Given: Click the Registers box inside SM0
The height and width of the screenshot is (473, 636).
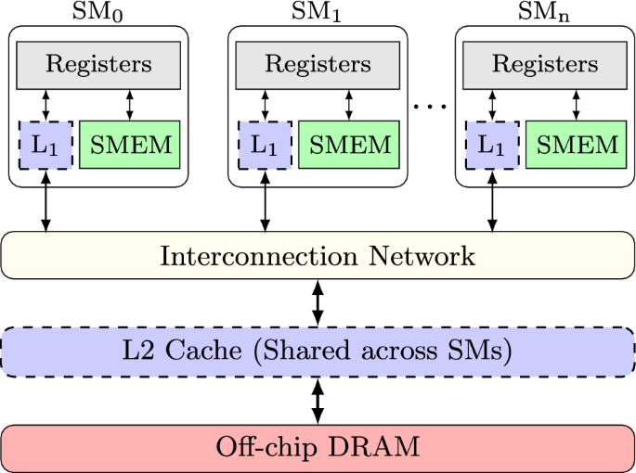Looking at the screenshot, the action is click(x=98, y=65).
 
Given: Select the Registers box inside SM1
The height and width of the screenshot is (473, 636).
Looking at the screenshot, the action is click(x=318, y=65).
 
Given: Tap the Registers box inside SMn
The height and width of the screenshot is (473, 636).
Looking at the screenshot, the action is click(x=545, y=65).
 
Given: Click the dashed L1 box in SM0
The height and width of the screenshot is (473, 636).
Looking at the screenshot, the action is click(x=45, y=145).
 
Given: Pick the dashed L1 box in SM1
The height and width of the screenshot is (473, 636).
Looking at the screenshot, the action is click(x=265, y=145).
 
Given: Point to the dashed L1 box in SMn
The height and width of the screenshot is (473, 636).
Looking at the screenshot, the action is click(x=492, y=145).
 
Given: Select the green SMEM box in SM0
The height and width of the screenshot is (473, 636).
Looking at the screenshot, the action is click(x=130, y=145).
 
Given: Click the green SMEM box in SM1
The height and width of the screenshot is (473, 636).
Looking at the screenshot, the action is click(x=349, y=145).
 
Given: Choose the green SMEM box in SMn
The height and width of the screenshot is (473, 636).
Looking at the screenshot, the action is click(x=577, y=145).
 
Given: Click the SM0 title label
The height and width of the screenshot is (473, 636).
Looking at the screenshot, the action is click(x=97, y=12).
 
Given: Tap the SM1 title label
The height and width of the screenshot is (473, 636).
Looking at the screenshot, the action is click(x=317, y=12).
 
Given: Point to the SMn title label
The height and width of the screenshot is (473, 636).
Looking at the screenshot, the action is click(x=544, y=12).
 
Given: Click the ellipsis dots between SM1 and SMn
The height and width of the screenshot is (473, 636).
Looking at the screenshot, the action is click(x=430, y=107).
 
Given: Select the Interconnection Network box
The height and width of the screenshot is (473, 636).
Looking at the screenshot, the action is click(x=318, y=255).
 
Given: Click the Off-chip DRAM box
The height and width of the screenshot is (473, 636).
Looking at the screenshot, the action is click(x=318, y=448).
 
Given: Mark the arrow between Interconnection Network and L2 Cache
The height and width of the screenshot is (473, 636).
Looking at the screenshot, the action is click(x=318, y=303).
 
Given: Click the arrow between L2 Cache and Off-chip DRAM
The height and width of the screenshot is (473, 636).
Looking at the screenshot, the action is click(x=318, y=401).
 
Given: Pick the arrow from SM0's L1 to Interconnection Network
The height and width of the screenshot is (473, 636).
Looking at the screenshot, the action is click(x=45, y=201).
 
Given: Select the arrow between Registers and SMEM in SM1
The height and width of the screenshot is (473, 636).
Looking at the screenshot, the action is click(x=349, y=105).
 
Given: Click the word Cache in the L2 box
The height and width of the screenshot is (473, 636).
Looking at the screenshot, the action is click(x=203, y=350).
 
